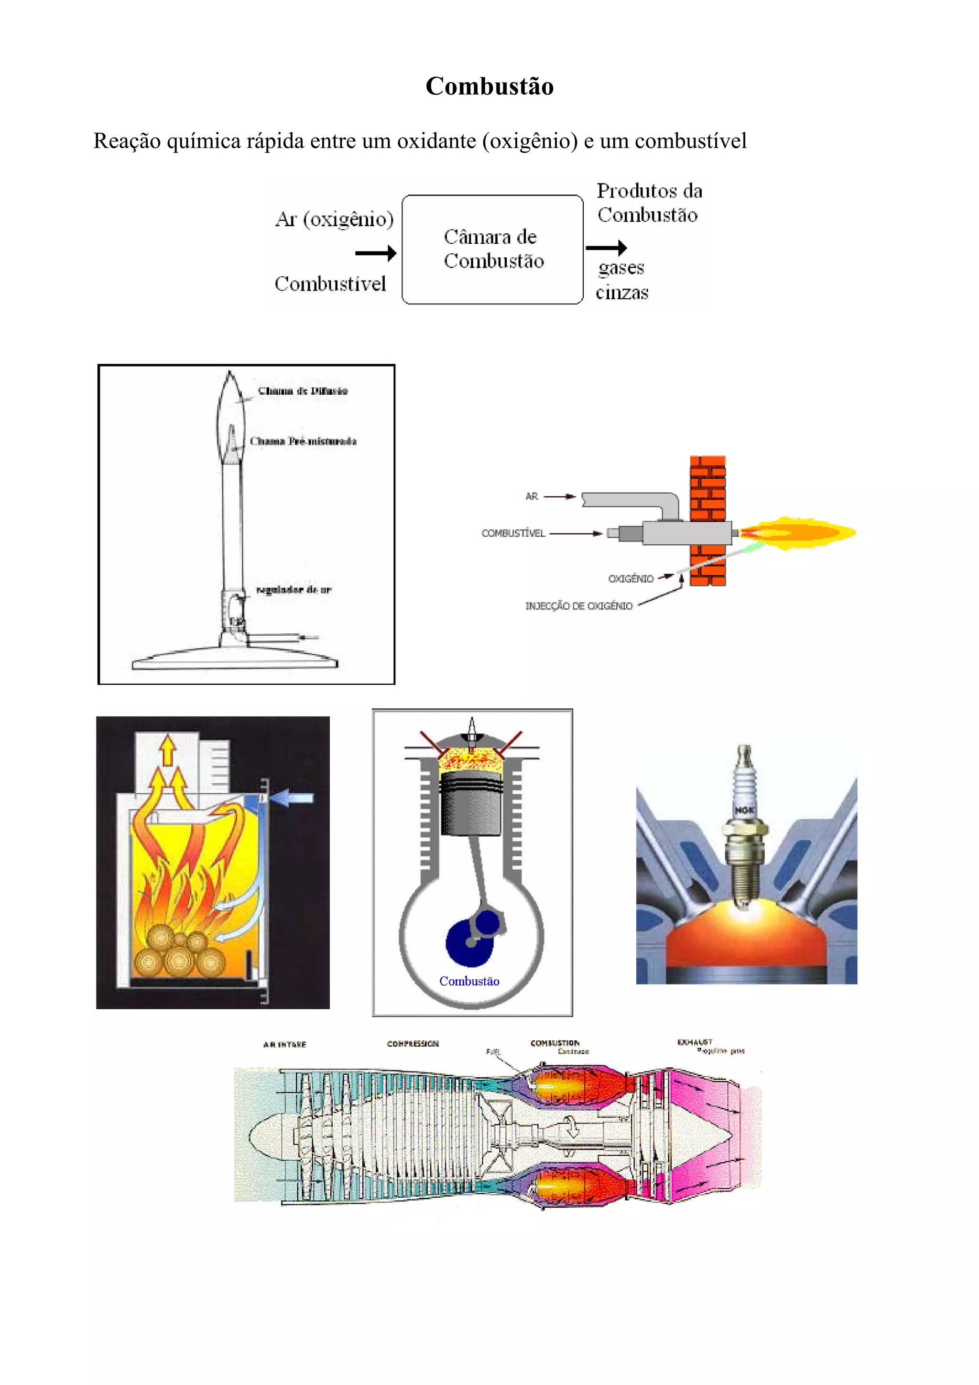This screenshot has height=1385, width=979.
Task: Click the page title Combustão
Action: coord(489,86)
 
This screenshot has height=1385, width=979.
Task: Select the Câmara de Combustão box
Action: coord(492,249)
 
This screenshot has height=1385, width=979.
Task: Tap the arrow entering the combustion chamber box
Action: coord(375,253)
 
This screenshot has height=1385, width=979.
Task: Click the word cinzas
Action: coord(622,293)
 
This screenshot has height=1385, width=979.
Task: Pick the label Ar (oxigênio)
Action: coord(334,219)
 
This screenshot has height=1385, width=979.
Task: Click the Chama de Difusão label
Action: coord(302,391)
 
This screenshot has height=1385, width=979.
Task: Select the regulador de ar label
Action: coord(294,589)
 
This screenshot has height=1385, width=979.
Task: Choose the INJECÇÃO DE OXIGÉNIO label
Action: coord(578,606)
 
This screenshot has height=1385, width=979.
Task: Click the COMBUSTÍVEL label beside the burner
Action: coord(513,533)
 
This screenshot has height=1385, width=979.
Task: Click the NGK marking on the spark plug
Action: coord(744,810)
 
